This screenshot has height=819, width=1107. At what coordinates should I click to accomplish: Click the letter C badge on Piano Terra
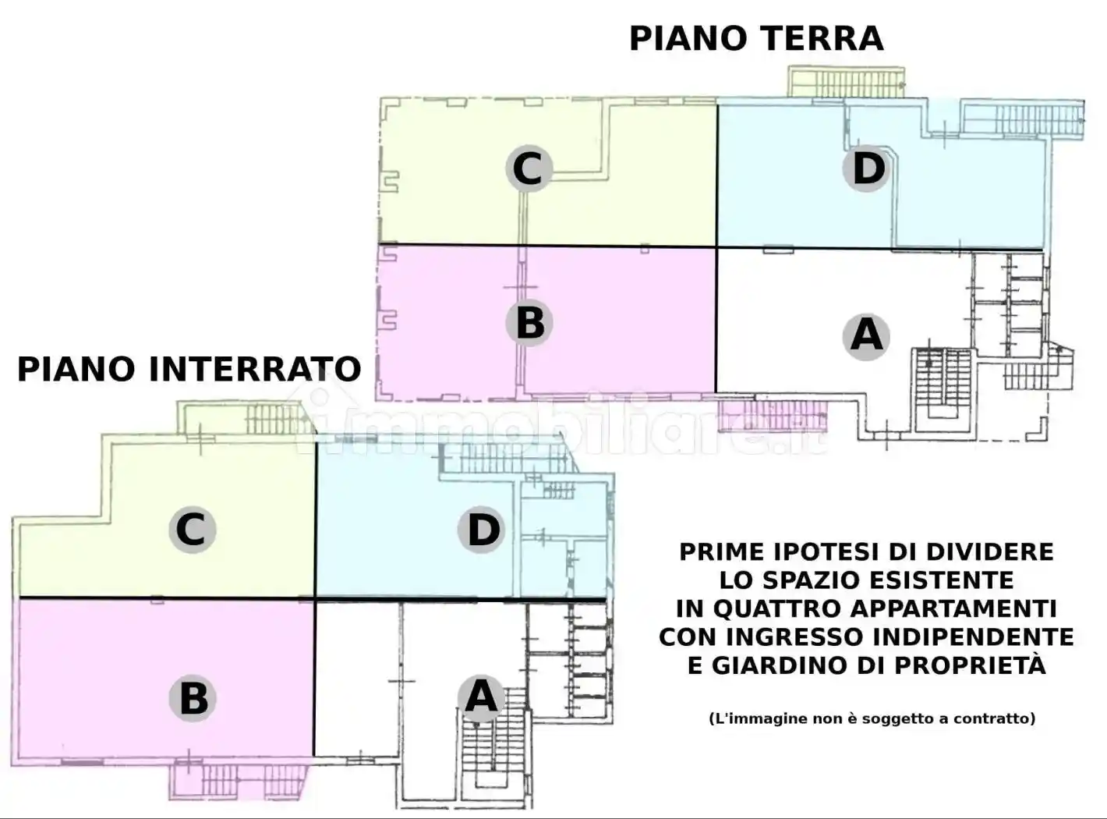(528, 168)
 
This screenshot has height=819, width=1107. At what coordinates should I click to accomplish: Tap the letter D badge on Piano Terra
(867, 168)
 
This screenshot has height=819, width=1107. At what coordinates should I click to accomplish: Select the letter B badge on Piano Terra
(529, 322)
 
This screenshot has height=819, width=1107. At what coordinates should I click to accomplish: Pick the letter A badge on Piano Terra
(866, 336)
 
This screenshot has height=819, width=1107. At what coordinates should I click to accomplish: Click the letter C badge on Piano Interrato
(192, 530)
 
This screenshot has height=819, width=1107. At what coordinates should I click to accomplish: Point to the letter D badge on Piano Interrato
(483, 530)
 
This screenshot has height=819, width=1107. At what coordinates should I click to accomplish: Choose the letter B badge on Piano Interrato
(193, 698)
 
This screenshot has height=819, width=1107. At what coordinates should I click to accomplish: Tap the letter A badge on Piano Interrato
(481, 697)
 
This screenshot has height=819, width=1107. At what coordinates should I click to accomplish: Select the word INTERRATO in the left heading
(265, 369)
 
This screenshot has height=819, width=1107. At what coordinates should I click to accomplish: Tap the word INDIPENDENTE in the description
(974, 637)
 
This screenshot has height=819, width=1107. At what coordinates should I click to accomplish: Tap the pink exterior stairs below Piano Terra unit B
(772, 416)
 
